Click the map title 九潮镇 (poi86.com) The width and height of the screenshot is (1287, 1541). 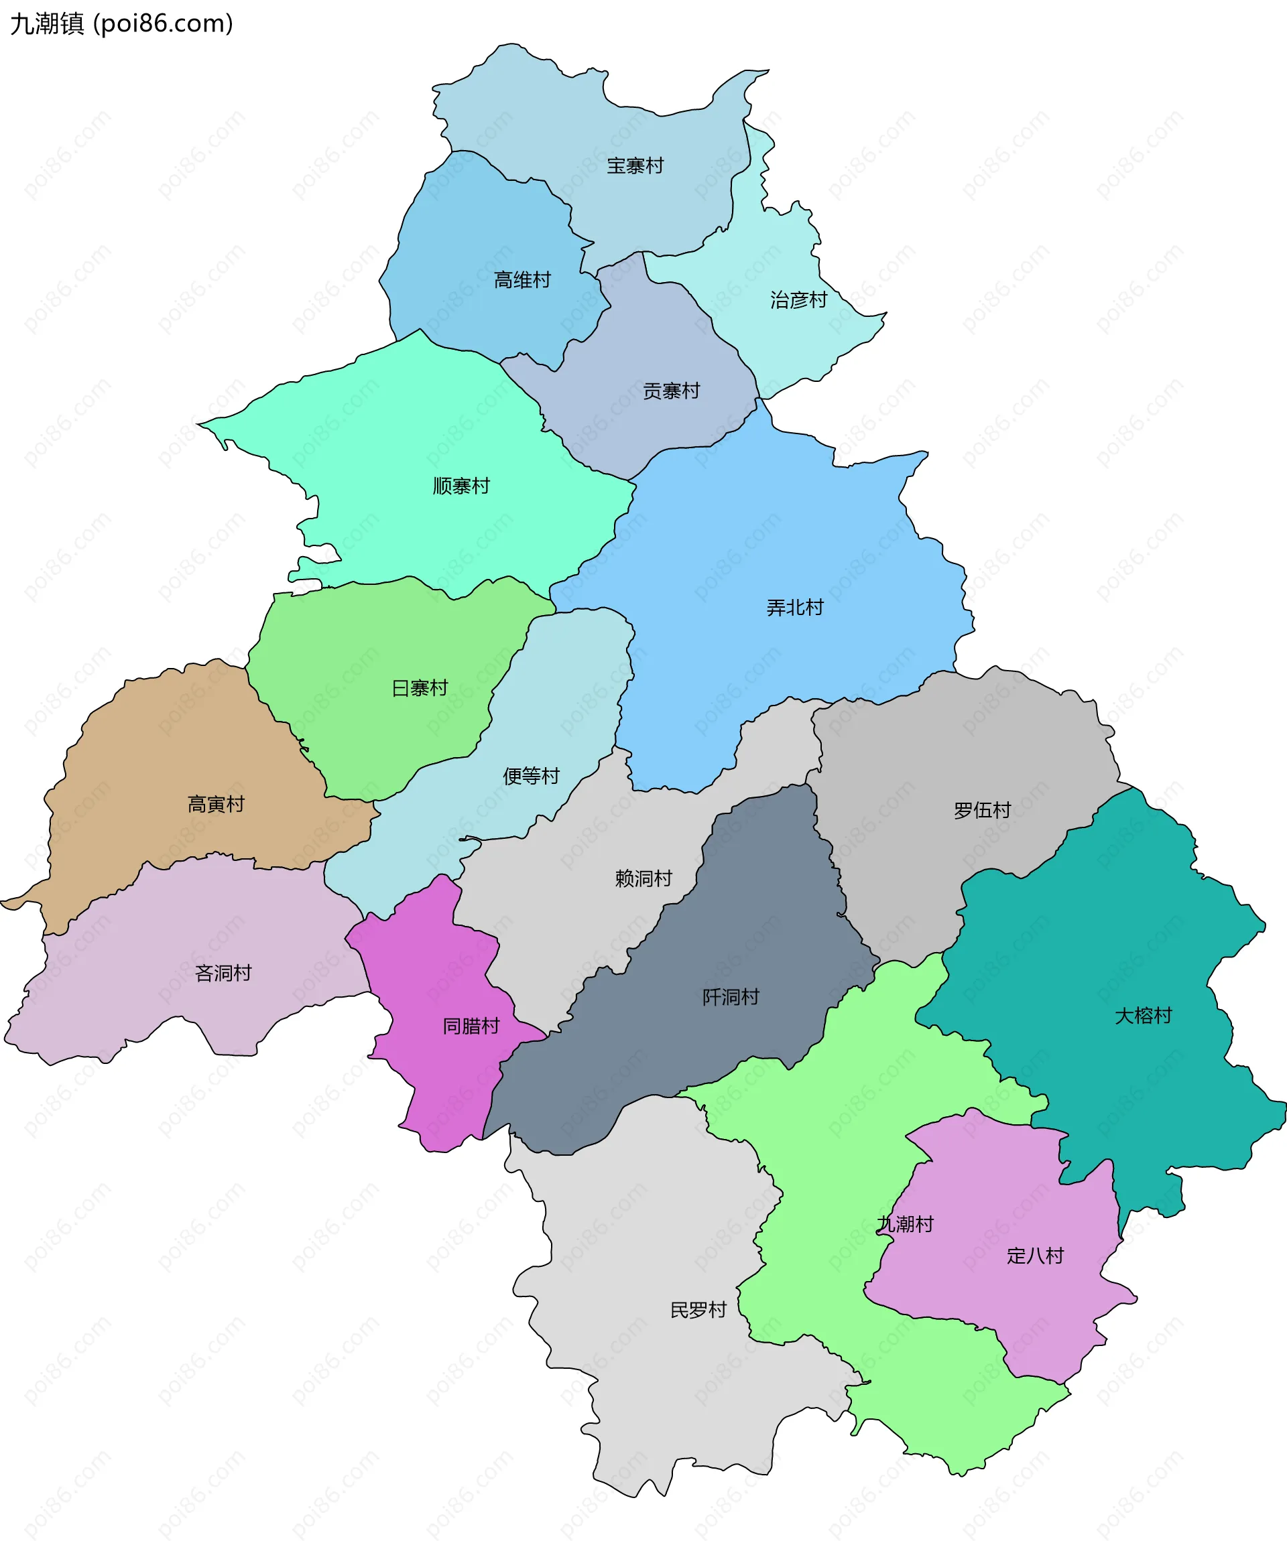point(121,23)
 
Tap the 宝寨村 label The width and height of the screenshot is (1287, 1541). point(635,166)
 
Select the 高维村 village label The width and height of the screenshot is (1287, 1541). point(522,279)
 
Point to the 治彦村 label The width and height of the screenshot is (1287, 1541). point(798,299)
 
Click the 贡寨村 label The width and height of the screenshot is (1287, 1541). point(671,391)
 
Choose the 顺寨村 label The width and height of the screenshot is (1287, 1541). point(461,486)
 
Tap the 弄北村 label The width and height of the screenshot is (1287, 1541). point(794,608)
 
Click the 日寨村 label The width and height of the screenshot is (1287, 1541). point(419,688)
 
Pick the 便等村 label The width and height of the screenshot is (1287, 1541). point(531,776)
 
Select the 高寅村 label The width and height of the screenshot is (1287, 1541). point(215,804)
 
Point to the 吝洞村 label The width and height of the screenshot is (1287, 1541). point(223,973)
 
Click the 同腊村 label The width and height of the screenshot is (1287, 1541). point(471,1026)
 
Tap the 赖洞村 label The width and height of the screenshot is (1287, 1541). point(643,878)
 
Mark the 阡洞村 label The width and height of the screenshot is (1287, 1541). point(731,997)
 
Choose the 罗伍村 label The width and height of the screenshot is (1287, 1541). point(982,810)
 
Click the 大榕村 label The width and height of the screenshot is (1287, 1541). point(1143,1016)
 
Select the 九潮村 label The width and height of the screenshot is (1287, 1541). point(905,1224)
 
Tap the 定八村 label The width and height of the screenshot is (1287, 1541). point(1035,1256)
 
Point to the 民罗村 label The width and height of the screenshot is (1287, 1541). point(698,1310)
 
